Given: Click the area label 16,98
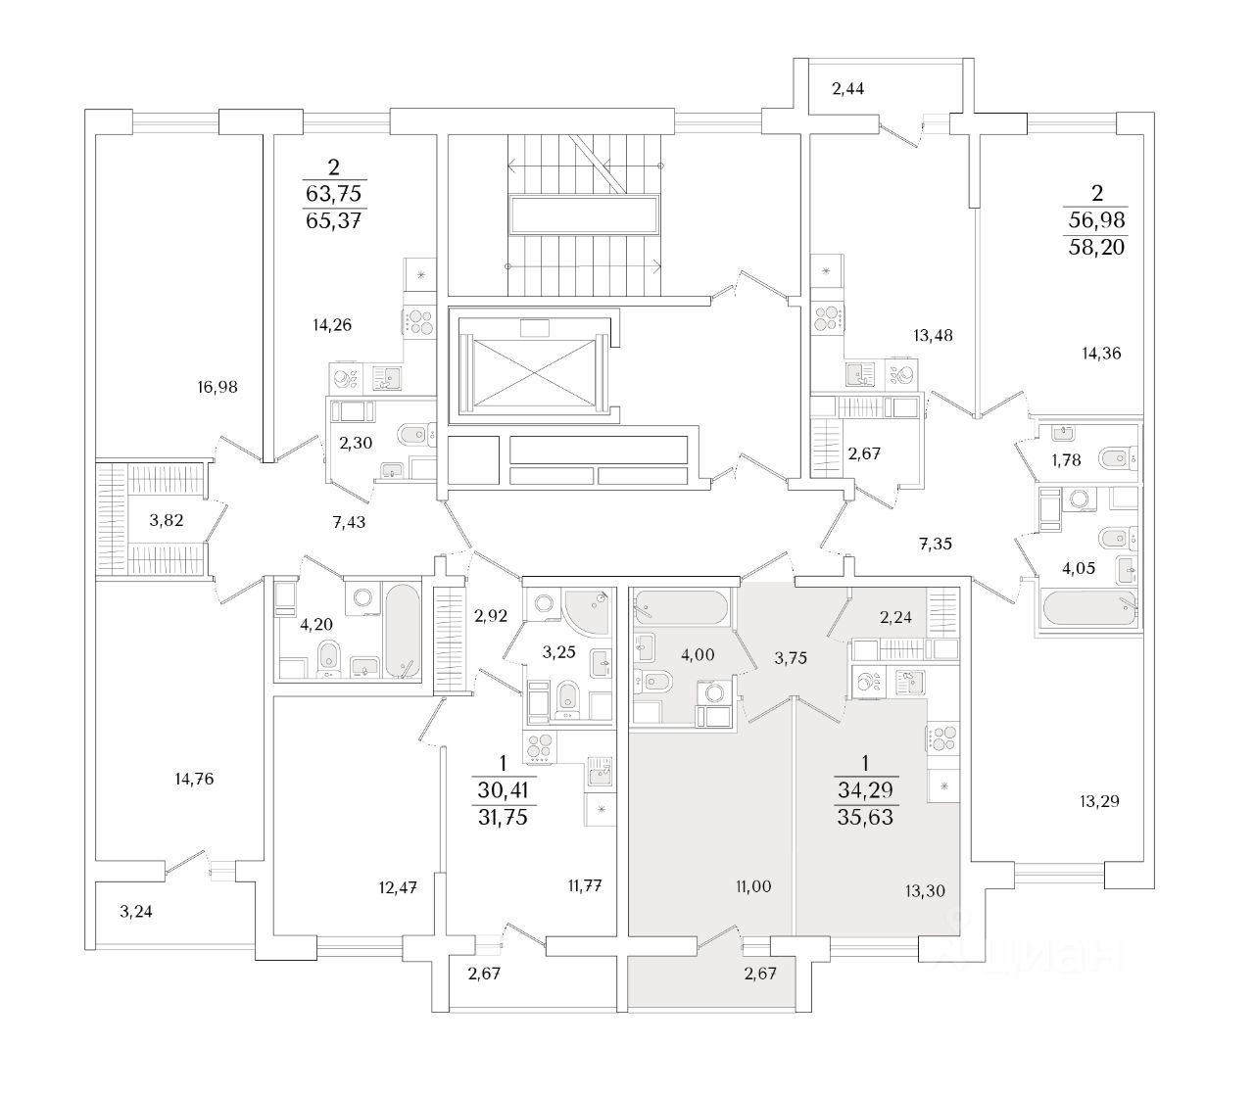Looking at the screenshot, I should click(x=217, y=387).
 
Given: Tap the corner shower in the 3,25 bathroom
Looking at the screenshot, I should click(x=585, y=607).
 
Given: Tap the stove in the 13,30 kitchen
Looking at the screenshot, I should click(x=944, y=739).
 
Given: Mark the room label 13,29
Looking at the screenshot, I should click(x=1098, y=801).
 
